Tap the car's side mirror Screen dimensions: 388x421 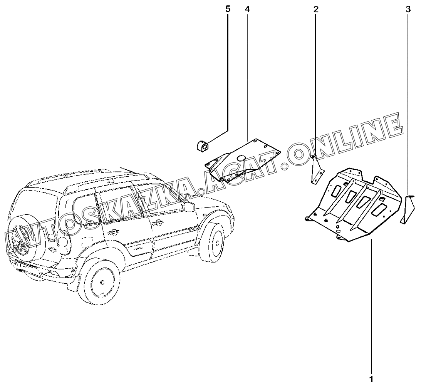coord(189,206)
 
